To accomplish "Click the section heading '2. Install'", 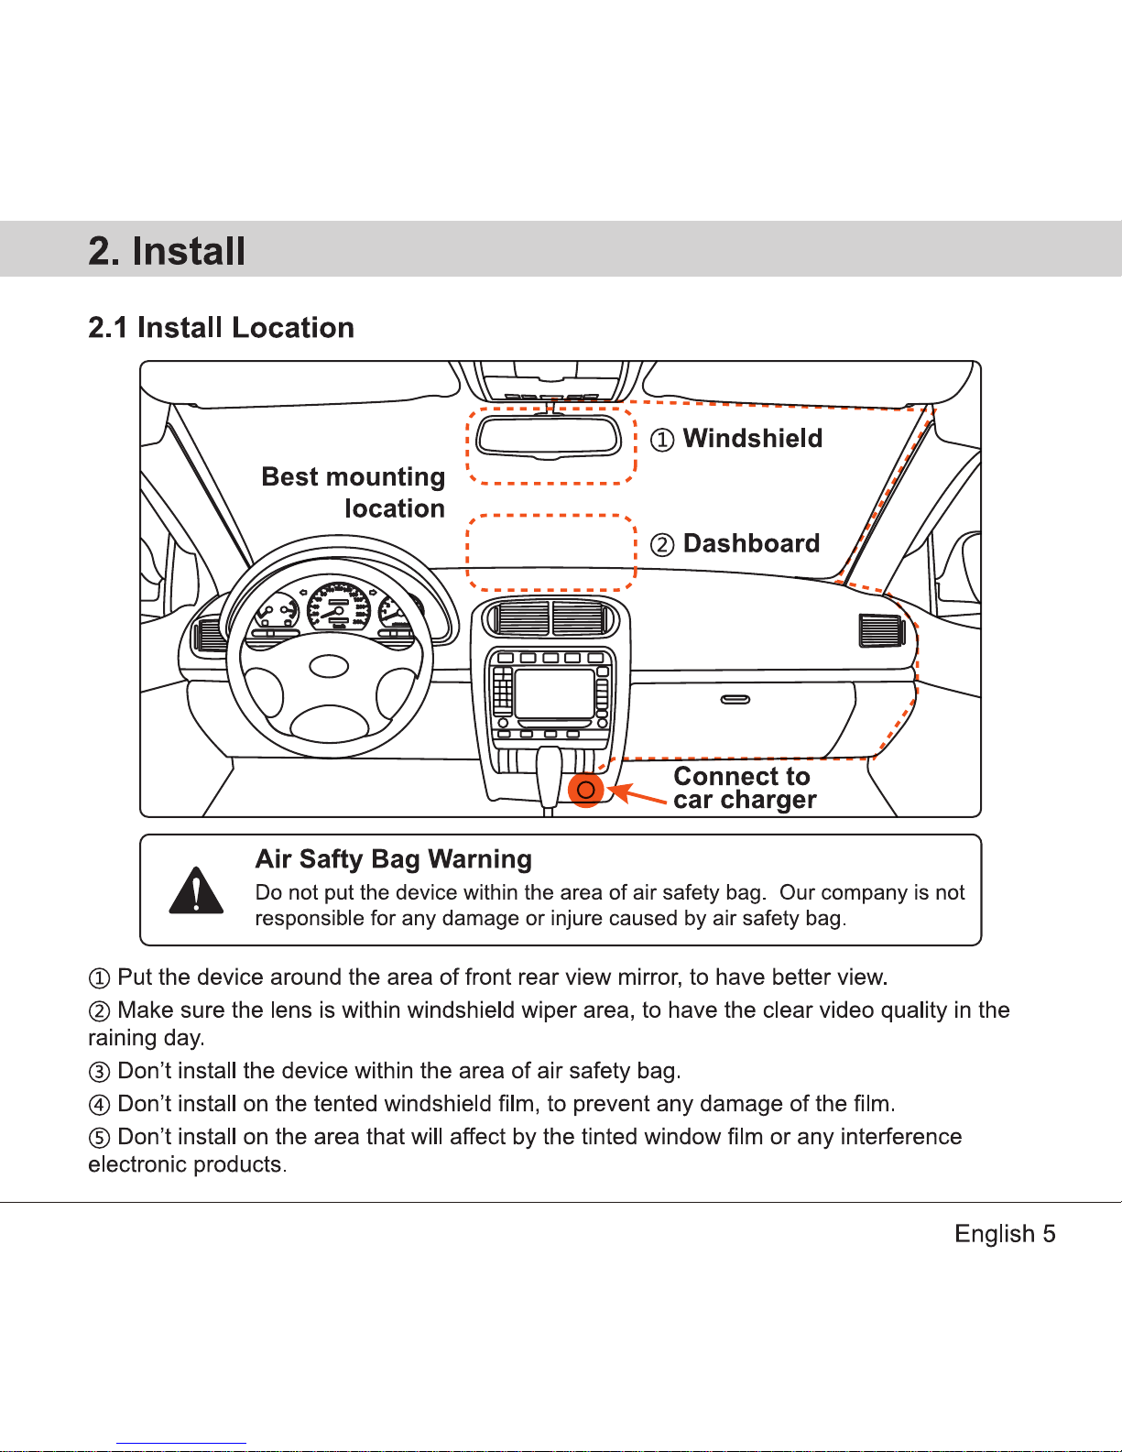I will (167, 251).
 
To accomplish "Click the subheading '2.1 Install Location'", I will (221, 327).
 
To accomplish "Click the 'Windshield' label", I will (752, 439).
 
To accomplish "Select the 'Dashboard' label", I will (751, 543).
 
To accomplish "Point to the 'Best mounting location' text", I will (354, 492).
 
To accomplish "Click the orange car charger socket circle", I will (586, 790).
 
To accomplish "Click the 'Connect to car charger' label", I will (744, 788).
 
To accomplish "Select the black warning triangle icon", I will (196, 890).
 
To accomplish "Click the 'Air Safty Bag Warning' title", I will (394, 859).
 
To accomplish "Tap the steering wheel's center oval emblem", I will (329, 666).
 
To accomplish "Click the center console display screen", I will (554, 693).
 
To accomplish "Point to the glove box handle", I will (735, 700).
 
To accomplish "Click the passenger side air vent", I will (881, 630).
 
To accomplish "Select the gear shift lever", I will (549, 774).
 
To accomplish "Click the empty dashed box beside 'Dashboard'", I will (551, 552).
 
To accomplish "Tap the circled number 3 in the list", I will (100, 1072).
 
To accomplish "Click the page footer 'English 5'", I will (1005, 1234).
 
